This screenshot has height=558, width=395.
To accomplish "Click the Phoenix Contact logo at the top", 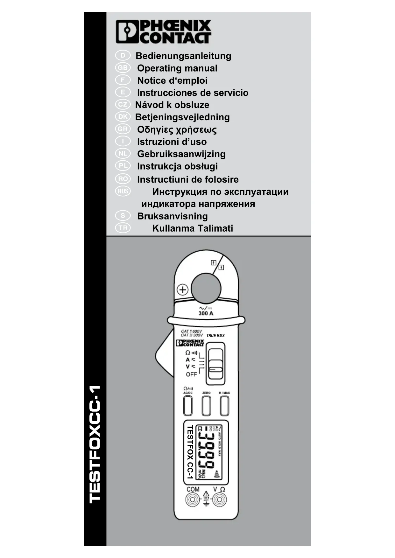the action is [163, 31].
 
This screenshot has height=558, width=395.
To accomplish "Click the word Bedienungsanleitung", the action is [183, 56].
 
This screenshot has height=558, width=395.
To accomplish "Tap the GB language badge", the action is [123, 68].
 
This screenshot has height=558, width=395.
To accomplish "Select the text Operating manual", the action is [177, 68].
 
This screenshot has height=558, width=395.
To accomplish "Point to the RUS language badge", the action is [123, 191].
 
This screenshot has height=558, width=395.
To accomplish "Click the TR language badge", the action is [123, 228].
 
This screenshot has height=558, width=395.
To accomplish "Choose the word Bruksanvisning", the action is [172, 216].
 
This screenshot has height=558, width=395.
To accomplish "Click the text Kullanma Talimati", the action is [193, 228].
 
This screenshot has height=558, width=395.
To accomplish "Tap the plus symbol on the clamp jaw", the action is [183, 290].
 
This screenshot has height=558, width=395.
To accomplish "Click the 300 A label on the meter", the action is [206, 313].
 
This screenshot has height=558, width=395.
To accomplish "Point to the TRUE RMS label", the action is [215, 336].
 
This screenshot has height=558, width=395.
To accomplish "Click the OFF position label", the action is [191, 374].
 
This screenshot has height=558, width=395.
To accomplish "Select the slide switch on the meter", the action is [215, 364].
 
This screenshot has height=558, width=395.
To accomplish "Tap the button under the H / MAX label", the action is [224, 406].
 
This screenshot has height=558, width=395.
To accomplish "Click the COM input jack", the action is [193, 500].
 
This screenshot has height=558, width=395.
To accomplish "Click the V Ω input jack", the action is [219, 500].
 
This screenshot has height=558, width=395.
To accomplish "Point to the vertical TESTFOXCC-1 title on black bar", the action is [95, 444].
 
